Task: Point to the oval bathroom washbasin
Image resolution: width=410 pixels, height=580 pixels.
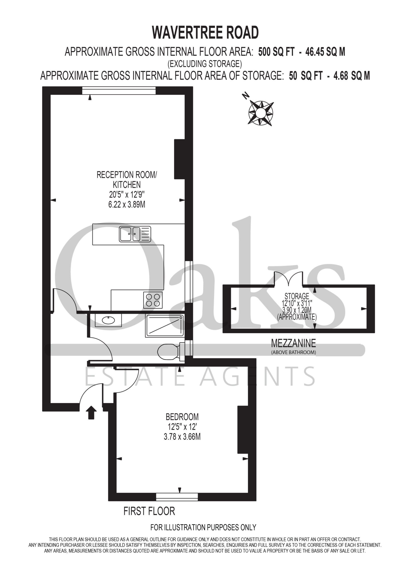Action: tap(108, 320)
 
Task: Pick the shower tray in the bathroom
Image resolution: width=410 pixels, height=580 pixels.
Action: tap(164, 326)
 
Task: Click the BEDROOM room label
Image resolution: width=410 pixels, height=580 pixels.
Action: tap(182, 417)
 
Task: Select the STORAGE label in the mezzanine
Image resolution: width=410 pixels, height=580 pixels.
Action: tap(297, 296)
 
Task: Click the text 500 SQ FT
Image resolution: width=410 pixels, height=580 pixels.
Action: tap(276, 52)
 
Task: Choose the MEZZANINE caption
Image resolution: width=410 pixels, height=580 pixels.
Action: tap(293, 343)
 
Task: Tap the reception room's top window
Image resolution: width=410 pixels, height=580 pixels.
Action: tap(119, 90)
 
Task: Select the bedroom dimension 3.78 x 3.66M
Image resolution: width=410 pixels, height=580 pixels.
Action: tap(182, 437)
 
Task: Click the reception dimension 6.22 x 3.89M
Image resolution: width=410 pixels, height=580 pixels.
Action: tap(127, 204)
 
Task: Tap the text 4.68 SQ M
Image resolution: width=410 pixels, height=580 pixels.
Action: tap(352, 76)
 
